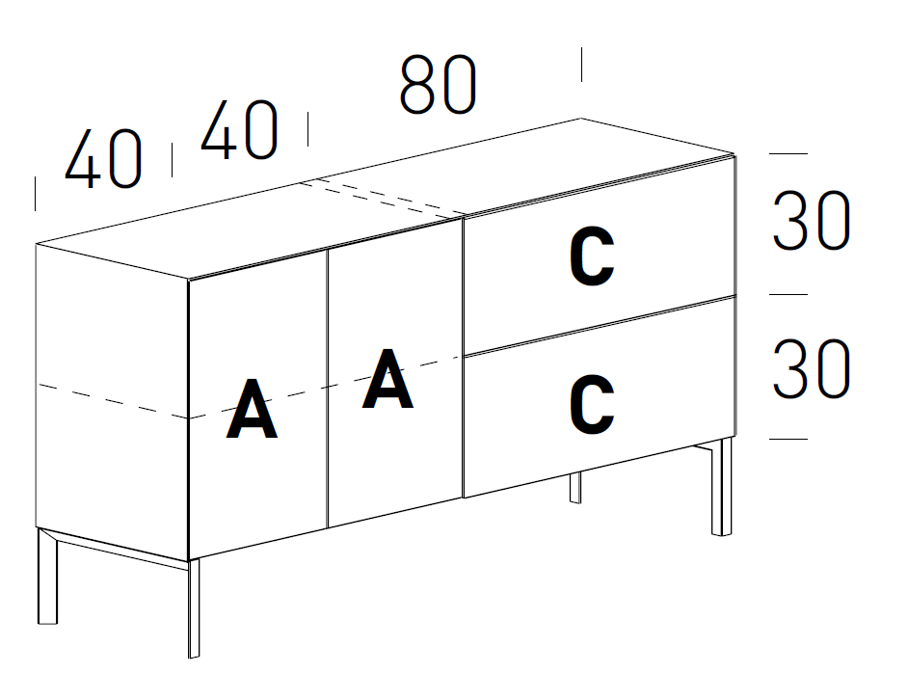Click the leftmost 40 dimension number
coord(103,158)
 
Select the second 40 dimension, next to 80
coord(239,130)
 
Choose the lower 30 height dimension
coord(812,369)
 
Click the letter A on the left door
coord(252,410)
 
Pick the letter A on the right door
coord(387,379)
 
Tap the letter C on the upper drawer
coord(592,259)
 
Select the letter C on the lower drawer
coord(592,405)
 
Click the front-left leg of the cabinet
coord(194,607)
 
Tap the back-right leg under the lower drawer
coord(575,488)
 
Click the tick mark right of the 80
coord(581,65)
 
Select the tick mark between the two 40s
coord(172,160)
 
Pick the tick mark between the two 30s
coord(788,295)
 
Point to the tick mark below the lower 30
coord(788,440)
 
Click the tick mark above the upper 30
coord(788,153)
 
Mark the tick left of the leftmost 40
coord(35,193)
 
